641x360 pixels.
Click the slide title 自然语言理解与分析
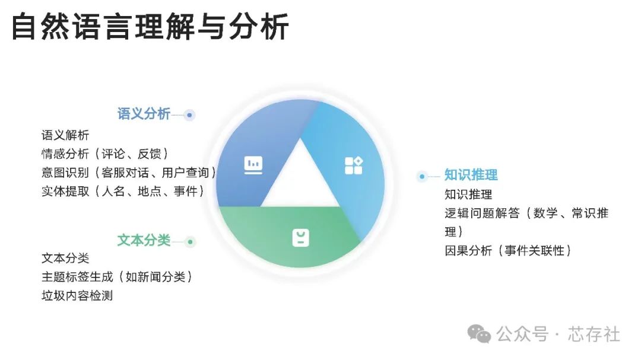[150, 27]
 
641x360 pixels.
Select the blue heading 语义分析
[144, 114]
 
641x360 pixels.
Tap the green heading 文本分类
[144, 240]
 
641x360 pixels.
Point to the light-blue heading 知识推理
[471, 175]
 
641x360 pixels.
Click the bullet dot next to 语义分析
[189, 115]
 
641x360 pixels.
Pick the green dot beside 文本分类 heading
[190, 242]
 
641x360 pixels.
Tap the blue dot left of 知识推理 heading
[422, 177]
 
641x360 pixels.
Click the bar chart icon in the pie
[253, 165]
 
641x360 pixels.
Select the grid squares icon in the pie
[354, 165]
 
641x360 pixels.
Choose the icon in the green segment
[300, 237]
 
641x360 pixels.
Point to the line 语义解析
[65, 135]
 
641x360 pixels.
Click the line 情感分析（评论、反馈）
[105, 154]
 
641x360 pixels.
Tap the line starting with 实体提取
[123, 191]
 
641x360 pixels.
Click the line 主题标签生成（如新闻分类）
[117, 277]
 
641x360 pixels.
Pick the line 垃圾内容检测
[77, 295]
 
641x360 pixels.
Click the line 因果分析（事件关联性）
[508, 250]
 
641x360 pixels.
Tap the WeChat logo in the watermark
[479, 334]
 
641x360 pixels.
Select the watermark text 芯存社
[594, 334]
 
